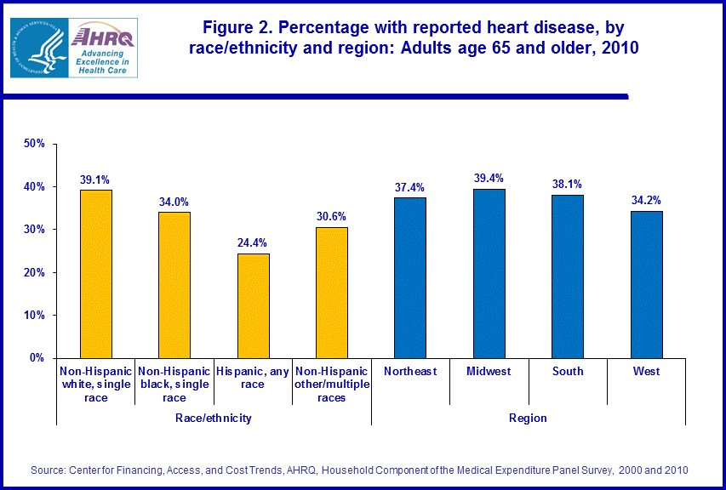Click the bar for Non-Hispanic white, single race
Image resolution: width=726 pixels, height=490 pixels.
[x=95, y=274]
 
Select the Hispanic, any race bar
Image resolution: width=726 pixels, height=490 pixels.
[x=253, y=305]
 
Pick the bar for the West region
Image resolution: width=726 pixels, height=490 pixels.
[x=646, y=284]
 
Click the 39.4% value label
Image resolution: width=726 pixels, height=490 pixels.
[x=489, y=178]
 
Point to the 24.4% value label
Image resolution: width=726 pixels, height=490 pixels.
[x=253, y=242]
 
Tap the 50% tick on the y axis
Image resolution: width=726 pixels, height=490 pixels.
[x=34, y=144]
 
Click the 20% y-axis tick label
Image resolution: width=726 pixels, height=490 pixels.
[x=34, y=272]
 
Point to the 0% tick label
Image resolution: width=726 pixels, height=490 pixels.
[x=37, y=358]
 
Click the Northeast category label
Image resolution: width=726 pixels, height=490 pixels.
[x=410, y=371]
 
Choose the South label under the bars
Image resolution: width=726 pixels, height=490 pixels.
[x=568, y=371]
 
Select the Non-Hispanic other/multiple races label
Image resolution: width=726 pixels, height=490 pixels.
[x=331, y=384]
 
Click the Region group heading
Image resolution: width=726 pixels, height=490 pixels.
[x=529, y=418]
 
